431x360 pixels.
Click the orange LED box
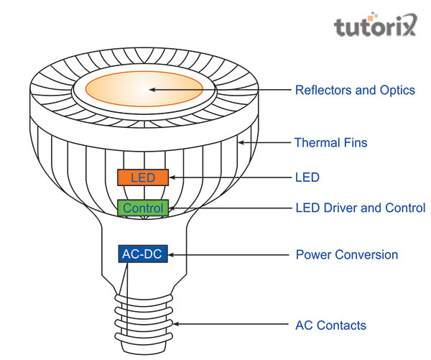tap(143, 177)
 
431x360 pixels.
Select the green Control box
tap(143, 208)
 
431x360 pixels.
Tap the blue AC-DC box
tap(140, 254)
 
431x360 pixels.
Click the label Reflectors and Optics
tap(355, 91)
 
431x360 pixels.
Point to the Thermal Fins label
tap(330, 143)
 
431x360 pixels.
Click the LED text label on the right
tap(307, 177)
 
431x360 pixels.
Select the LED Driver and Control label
tap(360, 208)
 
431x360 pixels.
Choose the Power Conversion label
tap(346, 255)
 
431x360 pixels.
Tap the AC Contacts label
tap(330, 326)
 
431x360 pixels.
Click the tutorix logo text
tap(374, 27)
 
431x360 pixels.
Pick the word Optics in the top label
tap(397, 91)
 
